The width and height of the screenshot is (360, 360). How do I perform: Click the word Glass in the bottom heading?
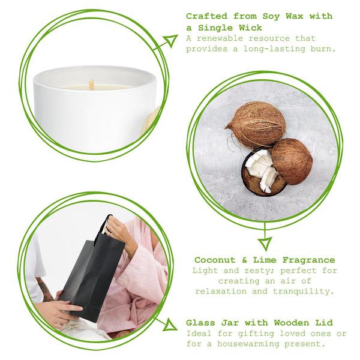[x=200, y=322]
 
